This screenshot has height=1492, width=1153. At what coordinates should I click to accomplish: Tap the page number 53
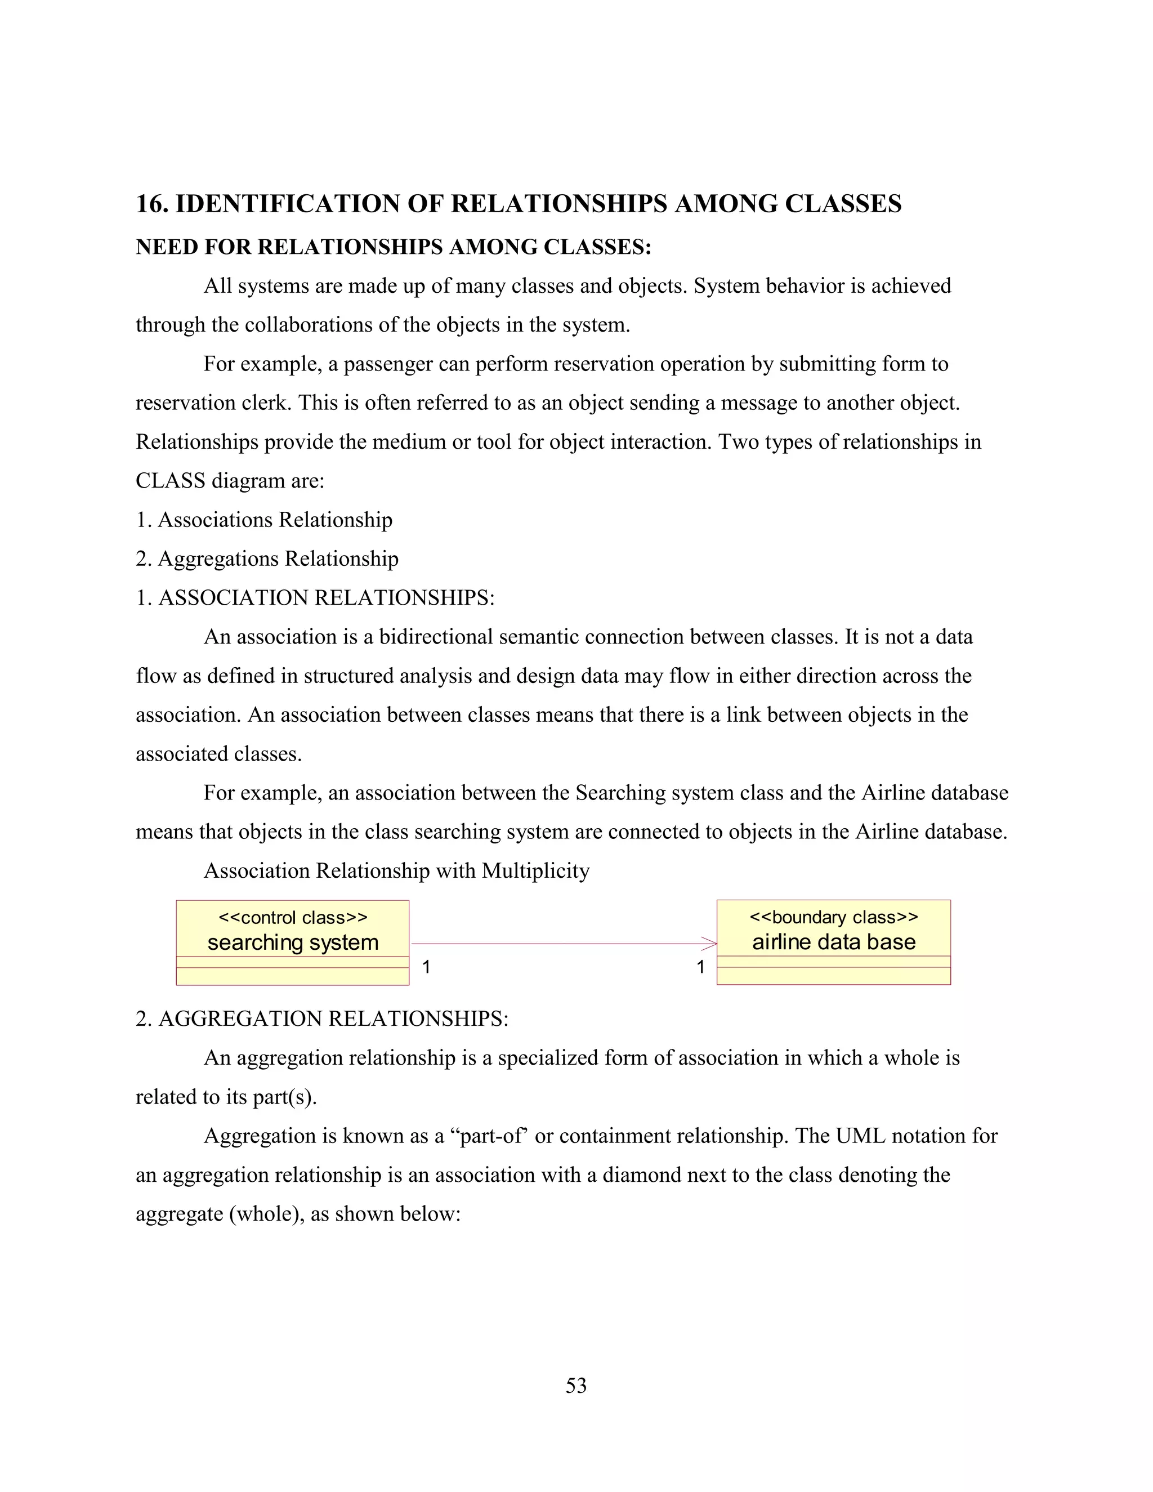(x=576, y=1386)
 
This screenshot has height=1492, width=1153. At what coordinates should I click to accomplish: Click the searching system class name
(x=292, y=942)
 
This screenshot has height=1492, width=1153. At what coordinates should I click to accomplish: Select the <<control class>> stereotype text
(x=292, y=918)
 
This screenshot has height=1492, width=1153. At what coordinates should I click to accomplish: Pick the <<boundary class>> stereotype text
(x=833, y=917)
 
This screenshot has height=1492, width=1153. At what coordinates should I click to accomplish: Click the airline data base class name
(x=833, y=942)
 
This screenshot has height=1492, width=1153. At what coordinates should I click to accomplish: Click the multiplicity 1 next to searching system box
(x=426, y=967)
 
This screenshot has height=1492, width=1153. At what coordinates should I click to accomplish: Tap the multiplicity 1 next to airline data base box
(x=700, y=967)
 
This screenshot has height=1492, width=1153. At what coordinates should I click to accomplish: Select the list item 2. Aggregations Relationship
(x=266, y=559)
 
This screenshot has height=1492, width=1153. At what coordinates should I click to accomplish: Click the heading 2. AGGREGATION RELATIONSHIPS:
(x=321, y=1019)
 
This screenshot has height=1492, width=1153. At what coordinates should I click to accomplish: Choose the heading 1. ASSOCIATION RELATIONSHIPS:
(x=315, y=598)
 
